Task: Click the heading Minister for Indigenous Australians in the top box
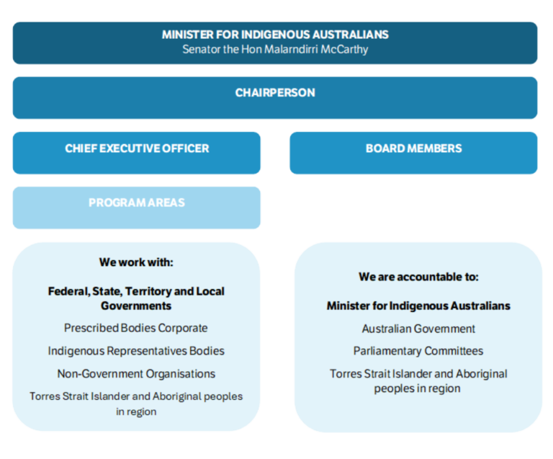coord(275,35)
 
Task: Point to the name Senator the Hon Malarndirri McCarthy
coord(275,50)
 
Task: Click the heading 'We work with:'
coord(136,262)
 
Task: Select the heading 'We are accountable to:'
coord(418,277)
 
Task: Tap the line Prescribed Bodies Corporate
coord(135,329)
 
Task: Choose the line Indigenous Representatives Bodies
coord(136,352)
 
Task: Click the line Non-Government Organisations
coord(136,374)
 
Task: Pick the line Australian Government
coord(418,329)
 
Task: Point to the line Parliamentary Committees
coord(418,352)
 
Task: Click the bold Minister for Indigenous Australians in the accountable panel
coord(418,306)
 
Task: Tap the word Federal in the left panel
coord(66,292)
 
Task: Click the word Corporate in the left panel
coord(183,329)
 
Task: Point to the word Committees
coord(454,352)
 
